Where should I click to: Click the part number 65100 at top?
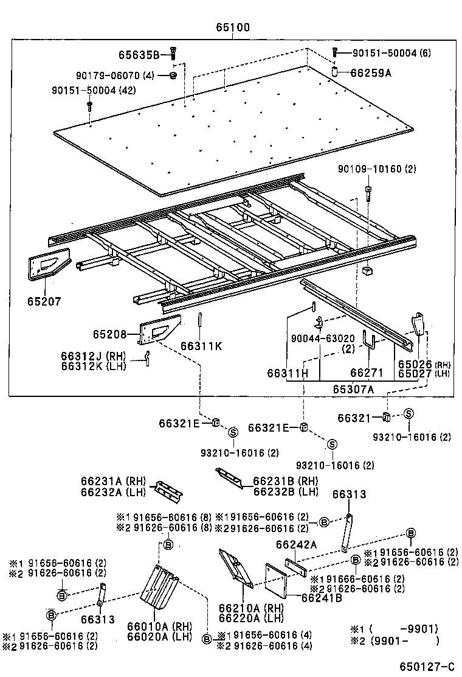point(232,28)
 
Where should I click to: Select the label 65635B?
point(139,55)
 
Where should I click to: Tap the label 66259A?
point(371,72)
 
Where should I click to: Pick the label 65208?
point(109,334)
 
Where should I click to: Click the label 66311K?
point(201,346)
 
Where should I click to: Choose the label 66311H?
point(288,372)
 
